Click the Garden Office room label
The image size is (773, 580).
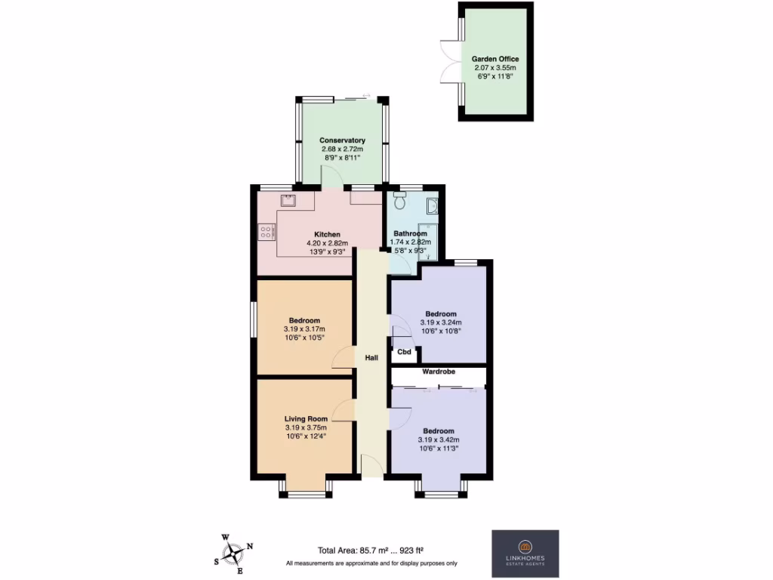point(495,59)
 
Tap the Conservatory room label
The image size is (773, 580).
point(342,140)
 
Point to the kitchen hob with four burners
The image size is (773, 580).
point(266,232)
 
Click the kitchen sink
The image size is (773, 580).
point(288,200)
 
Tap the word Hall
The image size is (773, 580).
point(371,358)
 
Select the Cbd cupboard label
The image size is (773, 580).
point(404,352)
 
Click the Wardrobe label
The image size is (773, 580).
point(438,372)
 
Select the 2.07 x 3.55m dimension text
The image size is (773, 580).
point(495,67)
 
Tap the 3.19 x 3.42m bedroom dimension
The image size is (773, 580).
point(439,440)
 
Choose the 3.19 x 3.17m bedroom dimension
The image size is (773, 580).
point(304,329)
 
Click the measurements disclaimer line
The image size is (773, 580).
point(371,563)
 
